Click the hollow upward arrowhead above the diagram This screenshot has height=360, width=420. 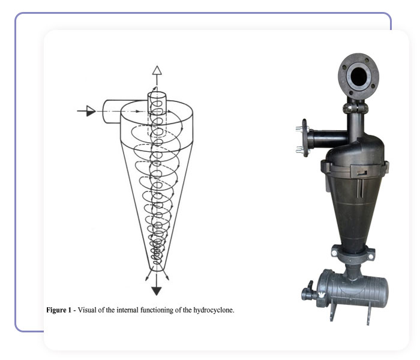157,70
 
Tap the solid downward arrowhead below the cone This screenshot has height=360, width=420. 157,291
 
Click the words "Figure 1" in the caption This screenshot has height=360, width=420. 59,310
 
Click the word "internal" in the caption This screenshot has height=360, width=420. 127,310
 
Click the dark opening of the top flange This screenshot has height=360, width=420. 358,76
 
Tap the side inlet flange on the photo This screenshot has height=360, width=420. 305,137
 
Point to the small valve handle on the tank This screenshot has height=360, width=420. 310,285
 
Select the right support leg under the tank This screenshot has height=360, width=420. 369,313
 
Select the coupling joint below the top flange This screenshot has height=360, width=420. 355,108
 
